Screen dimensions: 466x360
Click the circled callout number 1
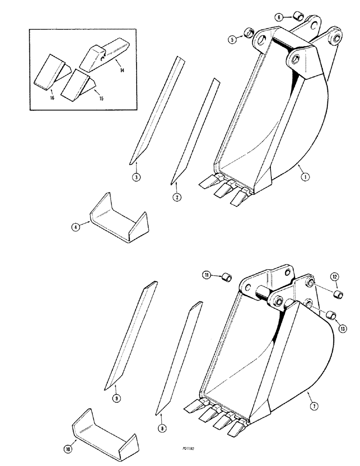(x=305, y=177)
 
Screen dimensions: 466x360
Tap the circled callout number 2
(x=176, y=198)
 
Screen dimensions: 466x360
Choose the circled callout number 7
(x=314, y=407)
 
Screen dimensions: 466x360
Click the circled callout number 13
(x=343, y=329)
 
